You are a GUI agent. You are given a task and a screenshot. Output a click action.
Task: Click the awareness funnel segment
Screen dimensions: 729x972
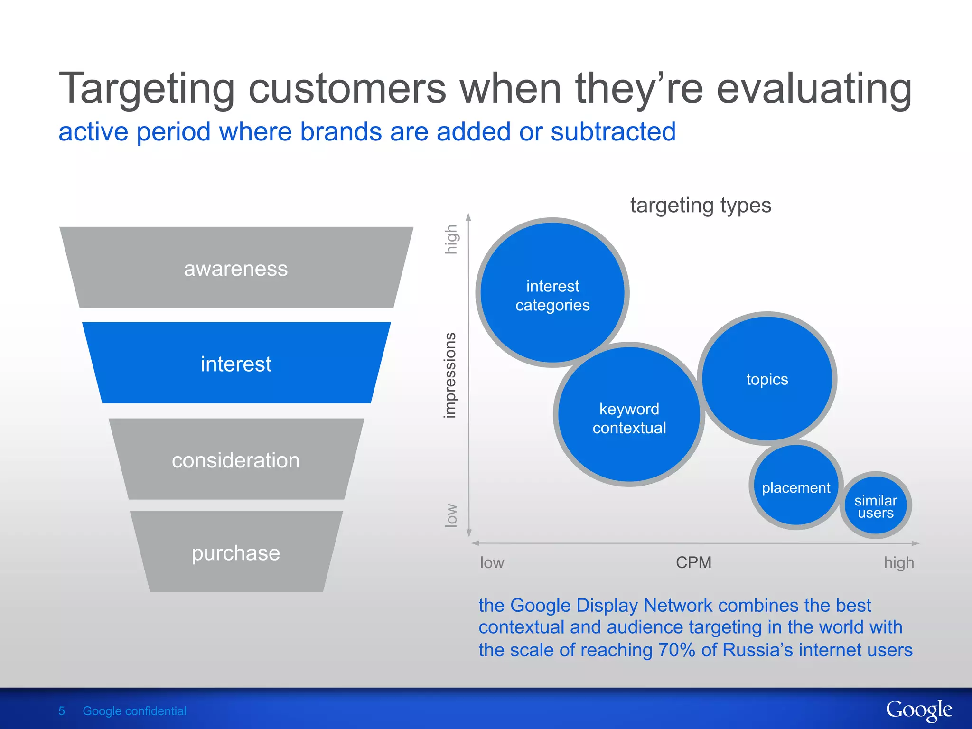(236, 269)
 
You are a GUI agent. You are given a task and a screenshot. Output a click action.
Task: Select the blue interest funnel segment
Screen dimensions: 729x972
(236, 364)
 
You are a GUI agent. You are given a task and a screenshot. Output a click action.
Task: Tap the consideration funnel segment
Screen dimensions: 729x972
(236, 460)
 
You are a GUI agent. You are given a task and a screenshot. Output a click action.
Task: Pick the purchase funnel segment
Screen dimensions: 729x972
(236, 553)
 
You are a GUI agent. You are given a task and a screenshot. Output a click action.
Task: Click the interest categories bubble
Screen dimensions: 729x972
(552, 294)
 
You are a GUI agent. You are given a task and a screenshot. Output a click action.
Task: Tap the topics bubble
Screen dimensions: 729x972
(767, 379)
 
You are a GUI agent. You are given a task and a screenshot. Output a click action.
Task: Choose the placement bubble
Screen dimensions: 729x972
(796, 487)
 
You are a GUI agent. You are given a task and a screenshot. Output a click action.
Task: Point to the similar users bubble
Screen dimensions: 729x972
(876, 506)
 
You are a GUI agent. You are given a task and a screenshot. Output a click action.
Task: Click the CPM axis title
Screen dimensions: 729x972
(693, 562)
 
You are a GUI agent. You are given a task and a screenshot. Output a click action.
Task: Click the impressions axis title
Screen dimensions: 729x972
(449, 375)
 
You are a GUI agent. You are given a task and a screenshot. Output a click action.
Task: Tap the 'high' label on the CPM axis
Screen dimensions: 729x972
(898, 562)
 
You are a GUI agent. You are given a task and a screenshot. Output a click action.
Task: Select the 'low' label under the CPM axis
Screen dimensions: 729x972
(492, 562)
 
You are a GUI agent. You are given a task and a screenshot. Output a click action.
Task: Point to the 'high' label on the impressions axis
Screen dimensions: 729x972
(451, 239)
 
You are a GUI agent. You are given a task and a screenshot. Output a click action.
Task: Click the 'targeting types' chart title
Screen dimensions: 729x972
(701, 206)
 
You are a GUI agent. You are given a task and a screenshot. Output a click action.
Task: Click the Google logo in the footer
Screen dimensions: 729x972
(918, 710)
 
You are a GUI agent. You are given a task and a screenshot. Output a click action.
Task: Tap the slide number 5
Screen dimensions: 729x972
(62, 711)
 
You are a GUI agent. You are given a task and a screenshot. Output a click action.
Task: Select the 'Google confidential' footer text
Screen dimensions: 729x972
(134, 711)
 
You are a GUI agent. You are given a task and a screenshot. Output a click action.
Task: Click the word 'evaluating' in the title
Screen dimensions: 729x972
(813, 89)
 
